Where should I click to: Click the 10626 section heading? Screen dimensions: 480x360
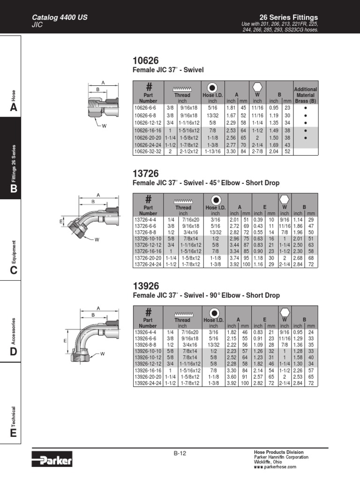pos(146,61)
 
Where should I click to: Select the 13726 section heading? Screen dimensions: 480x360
pos(146,173)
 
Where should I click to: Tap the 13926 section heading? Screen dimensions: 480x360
pos(146,286)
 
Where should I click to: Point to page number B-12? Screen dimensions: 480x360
pos(180,453)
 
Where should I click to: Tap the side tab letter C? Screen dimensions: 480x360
pos(13,270)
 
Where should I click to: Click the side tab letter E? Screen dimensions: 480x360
pos(13,433)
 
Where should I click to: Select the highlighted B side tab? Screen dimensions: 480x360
pos(13,188)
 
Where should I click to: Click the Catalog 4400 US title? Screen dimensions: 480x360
pos(59,18)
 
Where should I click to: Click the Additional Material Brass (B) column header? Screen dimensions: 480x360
pos(306,95)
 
